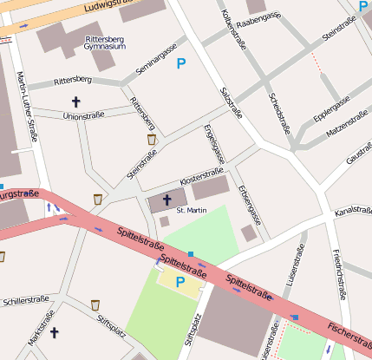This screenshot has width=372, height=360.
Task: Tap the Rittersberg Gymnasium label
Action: click(107, 43)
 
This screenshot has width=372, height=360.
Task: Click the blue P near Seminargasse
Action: click(181, 63)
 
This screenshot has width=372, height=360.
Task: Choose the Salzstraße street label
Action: click(232, 103)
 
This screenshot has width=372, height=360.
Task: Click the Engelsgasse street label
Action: click(213, 145)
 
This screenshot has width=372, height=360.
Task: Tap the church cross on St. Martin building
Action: click(166, 200)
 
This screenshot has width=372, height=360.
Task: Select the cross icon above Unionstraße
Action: click(75, 101)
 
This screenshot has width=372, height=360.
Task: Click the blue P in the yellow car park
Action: click(180, 282)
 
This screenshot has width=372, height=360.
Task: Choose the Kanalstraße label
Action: click(353, 211)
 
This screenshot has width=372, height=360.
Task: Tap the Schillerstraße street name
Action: click(25, 299)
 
